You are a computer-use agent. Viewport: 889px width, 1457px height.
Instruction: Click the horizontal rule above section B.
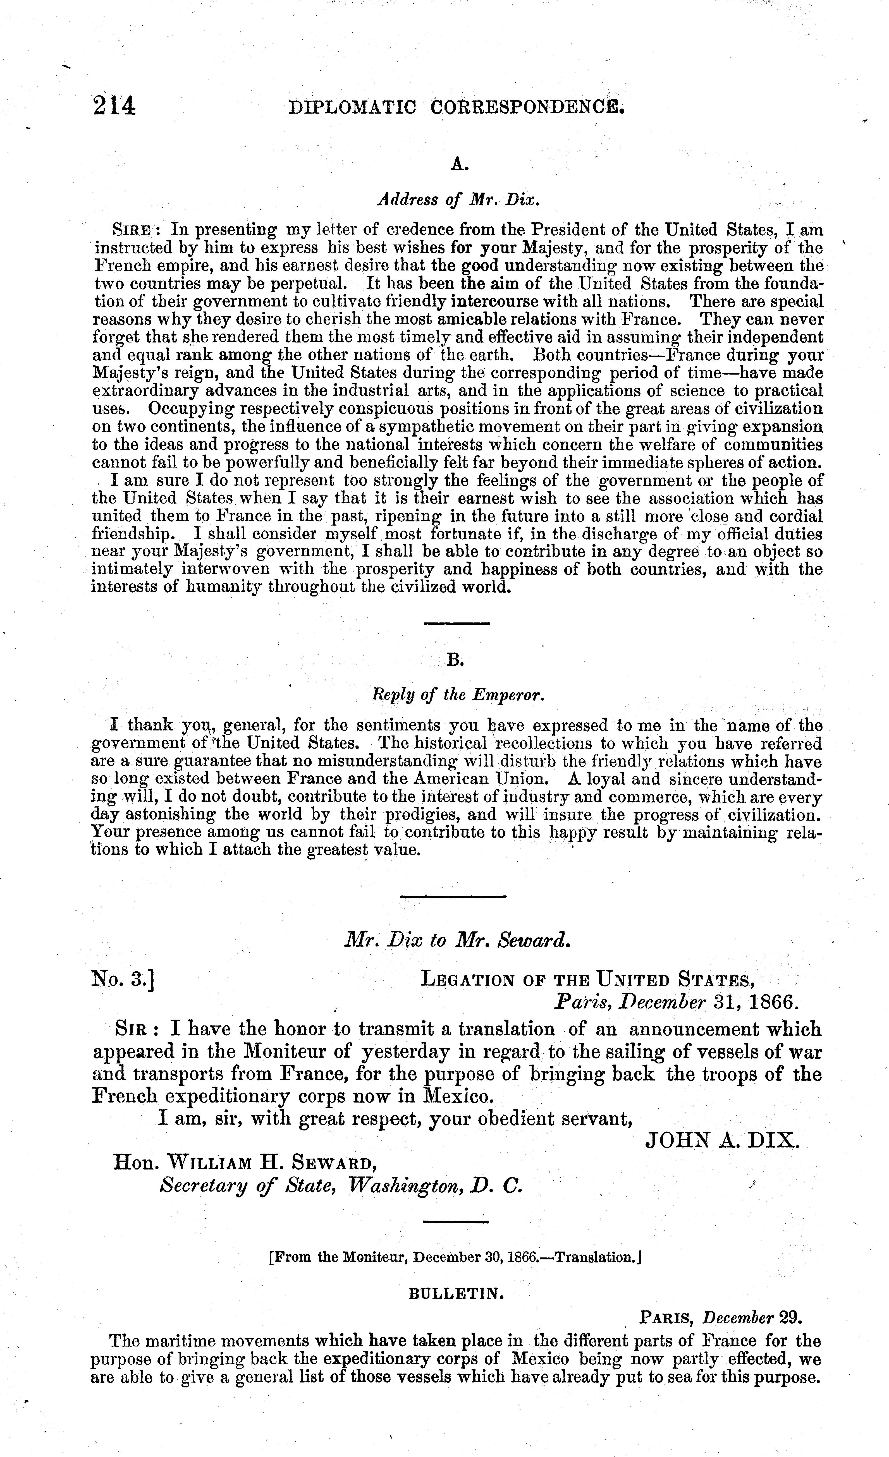pyautogui.click(x=457, y=623)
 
